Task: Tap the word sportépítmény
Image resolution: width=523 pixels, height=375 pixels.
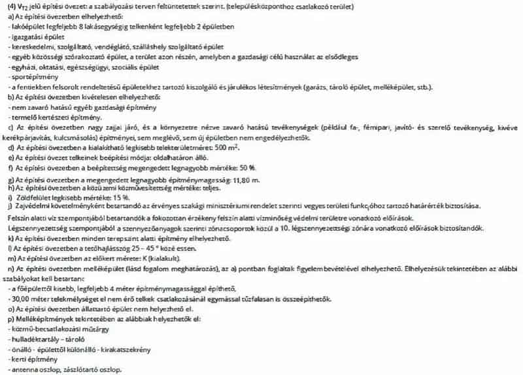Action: click(27, 76)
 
